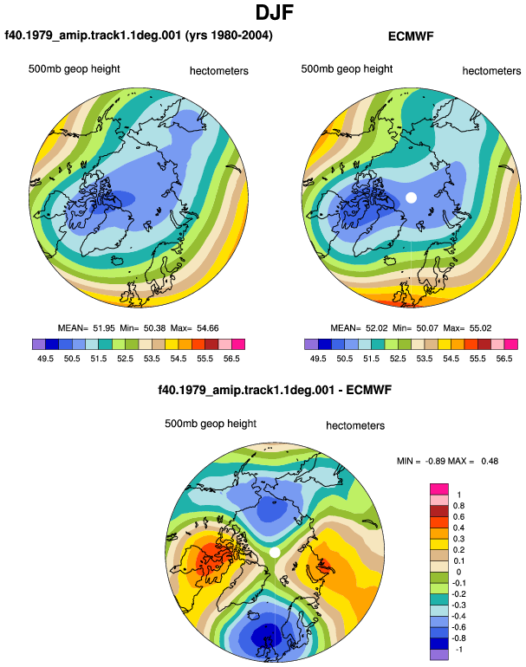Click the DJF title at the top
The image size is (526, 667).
(x=275, y=12)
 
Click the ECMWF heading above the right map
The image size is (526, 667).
(x=411, y=36)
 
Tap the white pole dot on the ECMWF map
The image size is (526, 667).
(x=411, y=198)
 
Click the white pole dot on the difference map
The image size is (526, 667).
(x=275, y=552)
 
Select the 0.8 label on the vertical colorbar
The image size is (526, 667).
(x=458, y=506)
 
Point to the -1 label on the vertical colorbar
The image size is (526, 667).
(x=458, y=650)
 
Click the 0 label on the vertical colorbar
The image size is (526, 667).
(x=458, y=572)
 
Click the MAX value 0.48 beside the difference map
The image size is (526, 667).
(x=490, y=461)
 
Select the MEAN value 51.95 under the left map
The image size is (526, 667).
(x=104, y=328)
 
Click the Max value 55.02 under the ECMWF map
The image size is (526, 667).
(x=480, y=328)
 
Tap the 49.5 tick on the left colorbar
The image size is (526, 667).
(x=45, y=359)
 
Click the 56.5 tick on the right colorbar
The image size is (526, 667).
(x=503, y=359)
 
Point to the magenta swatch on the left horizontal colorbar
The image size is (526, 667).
(x=238, y=344)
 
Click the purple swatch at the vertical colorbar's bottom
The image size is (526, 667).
(x=439, y=655)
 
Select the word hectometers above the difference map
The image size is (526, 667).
(x=355, y=425)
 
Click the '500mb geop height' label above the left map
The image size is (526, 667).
(x=74, y=69)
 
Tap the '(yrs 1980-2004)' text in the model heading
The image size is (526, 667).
(x=229, y=36)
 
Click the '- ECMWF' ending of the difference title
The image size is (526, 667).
(x=365, y=390)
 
